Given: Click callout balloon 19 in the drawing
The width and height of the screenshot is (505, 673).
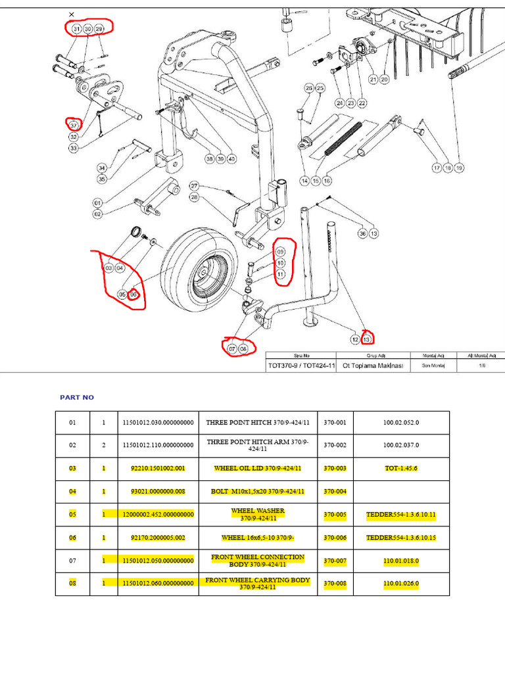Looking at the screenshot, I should coord(459,168).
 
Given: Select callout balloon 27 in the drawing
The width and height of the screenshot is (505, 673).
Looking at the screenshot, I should coord(194,185).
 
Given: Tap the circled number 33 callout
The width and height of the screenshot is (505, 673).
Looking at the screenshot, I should coord(73,149).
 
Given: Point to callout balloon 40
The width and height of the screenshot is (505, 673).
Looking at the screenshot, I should coord(232,158).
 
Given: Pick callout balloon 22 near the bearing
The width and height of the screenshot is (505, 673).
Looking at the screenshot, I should coord(362,103).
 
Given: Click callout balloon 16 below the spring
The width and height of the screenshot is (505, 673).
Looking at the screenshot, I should coord(327,181).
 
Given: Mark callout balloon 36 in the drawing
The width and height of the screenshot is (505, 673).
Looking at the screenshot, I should coord(362,233).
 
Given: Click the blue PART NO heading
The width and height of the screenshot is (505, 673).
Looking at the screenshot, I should coord(77,398).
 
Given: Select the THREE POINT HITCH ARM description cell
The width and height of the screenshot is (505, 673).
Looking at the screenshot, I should coord(262,446).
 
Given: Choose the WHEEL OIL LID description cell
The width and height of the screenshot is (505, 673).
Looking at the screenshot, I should coord(257,469).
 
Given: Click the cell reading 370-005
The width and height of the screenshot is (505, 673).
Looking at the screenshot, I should coord(335,515).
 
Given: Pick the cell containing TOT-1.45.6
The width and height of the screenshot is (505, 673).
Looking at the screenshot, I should coord(400,469).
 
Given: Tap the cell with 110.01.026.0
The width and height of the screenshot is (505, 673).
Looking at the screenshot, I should coord(400,584).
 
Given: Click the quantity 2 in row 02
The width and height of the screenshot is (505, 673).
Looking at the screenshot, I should coord(103,446).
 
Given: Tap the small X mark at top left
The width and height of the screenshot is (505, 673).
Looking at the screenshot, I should coord(71,14).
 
